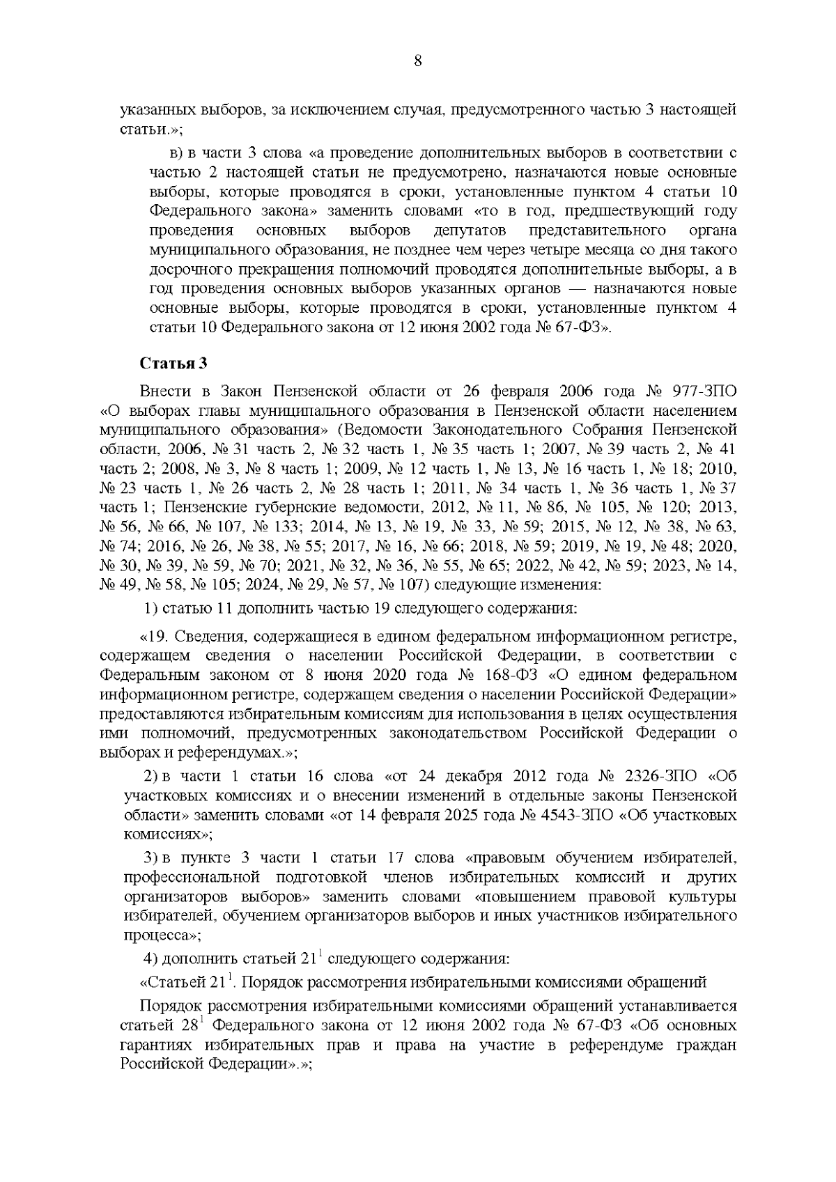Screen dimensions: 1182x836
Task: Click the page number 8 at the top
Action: tap(418, 60)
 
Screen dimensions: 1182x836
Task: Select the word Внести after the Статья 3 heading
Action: tap(166, 389)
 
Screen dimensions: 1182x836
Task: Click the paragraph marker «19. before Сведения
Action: tap(157, 637)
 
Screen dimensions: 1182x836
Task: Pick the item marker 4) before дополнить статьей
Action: tap(150, 958)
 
